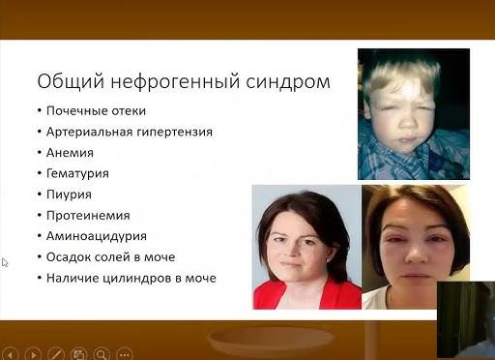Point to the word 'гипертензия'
click(x=177, y=131)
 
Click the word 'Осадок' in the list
click(x=70, y=257)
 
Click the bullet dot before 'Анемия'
click(x=38, y=152)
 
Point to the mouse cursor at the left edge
click(x=5, y=262)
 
